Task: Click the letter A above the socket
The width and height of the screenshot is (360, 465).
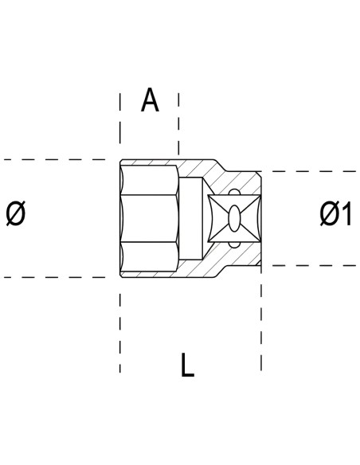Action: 150,100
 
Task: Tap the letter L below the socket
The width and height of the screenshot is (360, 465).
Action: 187,365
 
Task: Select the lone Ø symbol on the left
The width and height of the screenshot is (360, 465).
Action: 16,213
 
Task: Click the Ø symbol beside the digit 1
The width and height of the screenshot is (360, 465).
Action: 330,213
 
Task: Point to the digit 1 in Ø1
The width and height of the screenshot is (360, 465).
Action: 347,213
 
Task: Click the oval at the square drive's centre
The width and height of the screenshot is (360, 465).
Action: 234,218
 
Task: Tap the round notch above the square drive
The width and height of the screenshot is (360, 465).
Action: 234,192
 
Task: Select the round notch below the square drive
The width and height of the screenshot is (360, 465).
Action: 234,245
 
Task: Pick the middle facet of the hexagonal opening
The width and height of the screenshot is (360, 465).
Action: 149,218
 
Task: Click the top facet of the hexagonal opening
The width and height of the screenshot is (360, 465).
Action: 150,180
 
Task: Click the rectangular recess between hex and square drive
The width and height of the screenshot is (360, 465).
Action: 191,218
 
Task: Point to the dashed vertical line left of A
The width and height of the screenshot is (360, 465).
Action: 119,119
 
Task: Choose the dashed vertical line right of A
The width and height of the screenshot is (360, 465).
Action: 178,124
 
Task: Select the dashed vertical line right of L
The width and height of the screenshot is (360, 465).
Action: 261,318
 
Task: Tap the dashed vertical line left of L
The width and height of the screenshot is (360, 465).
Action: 119,333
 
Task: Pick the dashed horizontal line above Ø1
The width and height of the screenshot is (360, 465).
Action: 308,171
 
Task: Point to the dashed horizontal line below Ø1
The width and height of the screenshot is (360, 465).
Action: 308,265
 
